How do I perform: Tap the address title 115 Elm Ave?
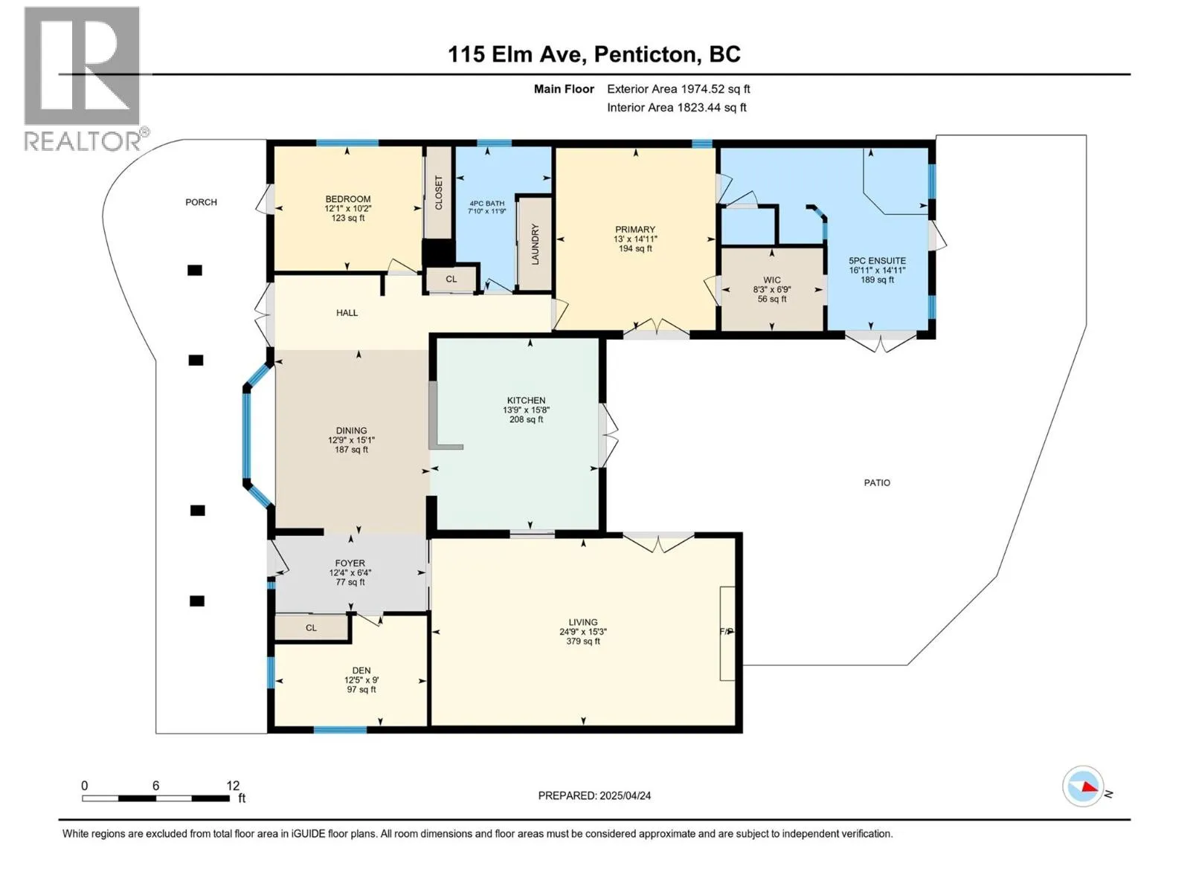[517, 54]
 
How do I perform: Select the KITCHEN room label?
[526, 400]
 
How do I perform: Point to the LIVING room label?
[583, 622]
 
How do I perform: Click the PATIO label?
[877, 482]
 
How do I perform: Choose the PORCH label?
[201, 202]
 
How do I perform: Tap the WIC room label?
[771, 280]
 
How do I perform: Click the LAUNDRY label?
[535, 244]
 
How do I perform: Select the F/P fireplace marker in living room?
[727, 632]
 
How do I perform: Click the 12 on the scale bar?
[233, 785]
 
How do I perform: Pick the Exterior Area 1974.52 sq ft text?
[678, 88]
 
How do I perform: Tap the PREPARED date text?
[594, 795]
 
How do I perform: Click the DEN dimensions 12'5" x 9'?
[361, 679]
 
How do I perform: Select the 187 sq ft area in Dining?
[351, 450]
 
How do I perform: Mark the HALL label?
[347, 312]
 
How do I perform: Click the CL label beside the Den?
[311, 627]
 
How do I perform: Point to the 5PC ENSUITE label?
[877, 260]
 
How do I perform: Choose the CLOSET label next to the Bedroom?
[439, 193]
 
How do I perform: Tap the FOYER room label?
[350, 563]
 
